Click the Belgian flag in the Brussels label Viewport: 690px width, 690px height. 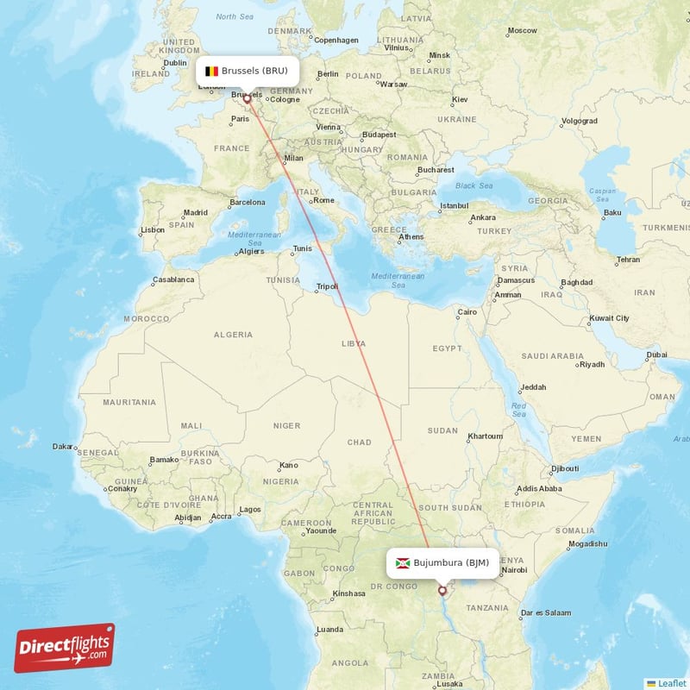tap(211, 71)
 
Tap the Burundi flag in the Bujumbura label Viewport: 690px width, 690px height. tap(402, 563)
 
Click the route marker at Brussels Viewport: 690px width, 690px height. tap(248, 98)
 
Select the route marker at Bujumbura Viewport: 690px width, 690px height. tap(442, 591)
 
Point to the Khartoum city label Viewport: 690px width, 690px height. tap(484, 436)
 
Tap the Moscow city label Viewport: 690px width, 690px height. tap(522, 30)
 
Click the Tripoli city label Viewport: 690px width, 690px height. tap(328, 285)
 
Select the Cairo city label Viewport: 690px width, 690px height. tap(467, 311)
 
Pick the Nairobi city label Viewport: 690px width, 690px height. tap(514, 569)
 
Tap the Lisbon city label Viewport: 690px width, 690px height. tap(153, 229)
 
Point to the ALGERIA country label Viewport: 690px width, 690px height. tap(233, 334)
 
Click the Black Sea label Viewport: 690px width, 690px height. tap(474, 185)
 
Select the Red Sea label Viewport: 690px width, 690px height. tap(518, 409)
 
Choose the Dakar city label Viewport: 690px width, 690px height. tap(63, 446)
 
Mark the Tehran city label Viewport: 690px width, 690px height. tap(628, 260)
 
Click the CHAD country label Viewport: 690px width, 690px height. tap(359, 442)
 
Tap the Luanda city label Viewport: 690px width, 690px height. tap(330, 630)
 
